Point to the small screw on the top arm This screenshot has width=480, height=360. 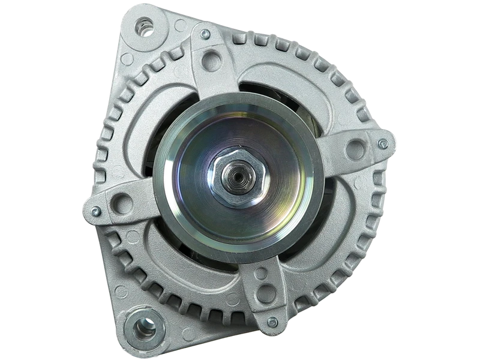[x=206, y=34]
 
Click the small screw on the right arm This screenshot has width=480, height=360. [x=382, y=143]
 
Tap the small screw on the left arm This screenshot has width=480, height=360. [x=95, y=211]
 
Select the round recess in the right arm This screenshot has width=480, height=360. [x=356, y=146]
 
